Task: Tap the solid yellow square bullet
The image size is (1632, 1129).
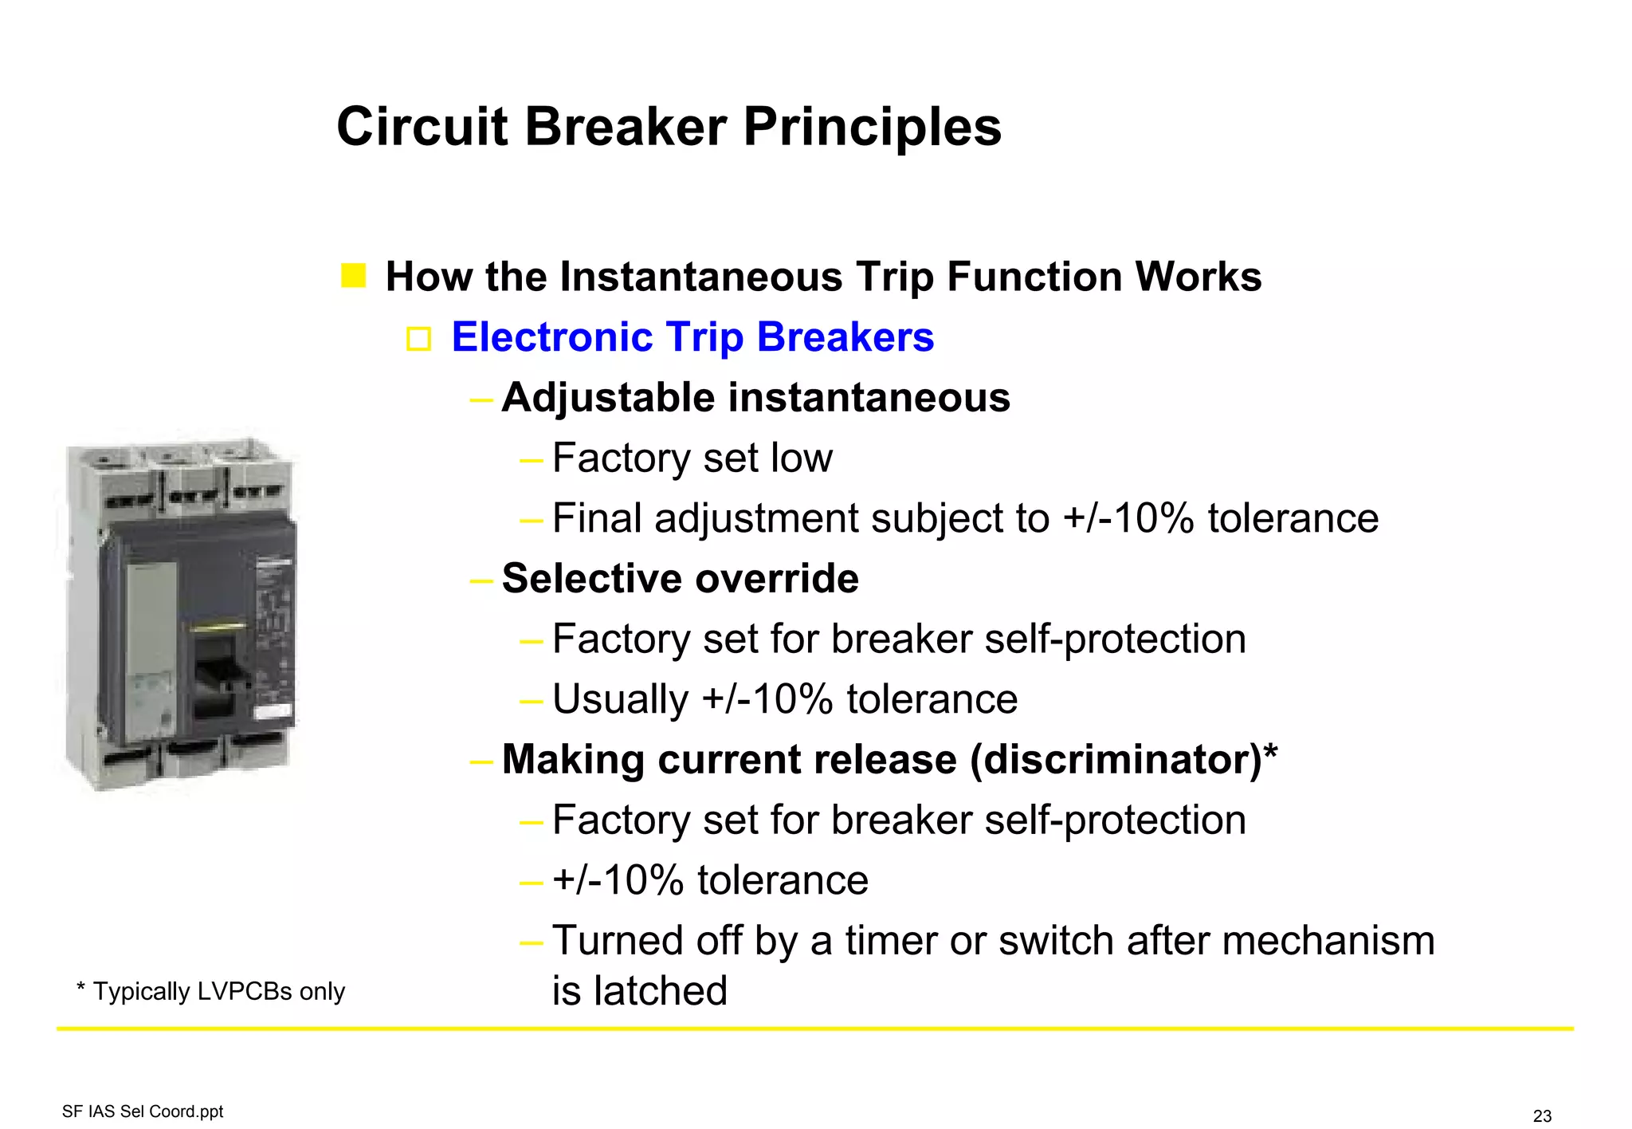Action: point(353,276)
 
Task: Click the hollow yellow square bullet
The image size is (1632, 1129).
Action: point(418,339)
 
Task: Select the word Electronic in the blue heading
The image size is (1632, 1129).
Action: point(551,336)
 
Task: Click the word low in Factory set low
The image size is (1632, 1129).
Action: point(802,458)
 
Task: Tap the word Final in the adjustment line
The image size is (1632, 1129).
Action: point(596,518)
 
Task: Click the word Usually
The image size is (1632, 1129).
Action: point(620,699)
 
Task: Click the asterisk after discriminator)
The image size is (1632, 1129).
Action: point(1270,751)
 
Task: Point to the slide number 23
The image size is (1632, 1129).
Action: point(1542,1116)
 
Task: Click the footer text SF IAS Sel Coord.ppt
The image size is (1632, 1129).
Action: point(143,1111)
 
